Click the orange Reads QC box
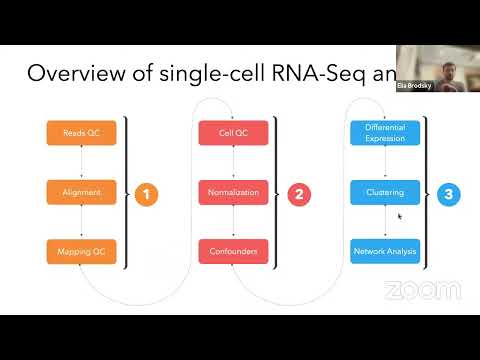(x=81, y=132)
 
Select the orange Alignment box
(x=81, y=191)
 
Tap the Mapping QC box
(x=81, y=251)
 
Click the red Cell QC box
(x=233, y=132)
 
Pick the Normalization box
(x=233, y=191)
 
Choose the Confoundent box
(x=233, y=251)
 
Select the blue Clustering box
(x=385, y=191)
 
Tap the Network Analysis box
(x=385, y=251)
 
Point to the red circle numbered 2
(x=298, y=194)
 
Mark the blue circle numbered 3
(x=449, y=194)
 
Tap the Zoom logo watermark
(x=423, y=291)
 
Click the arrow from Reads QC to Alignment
(x=81, y=161)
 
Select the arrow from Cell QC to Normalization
(x=233, y=161)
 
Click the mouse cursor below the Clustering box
(x=400, y=216)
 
